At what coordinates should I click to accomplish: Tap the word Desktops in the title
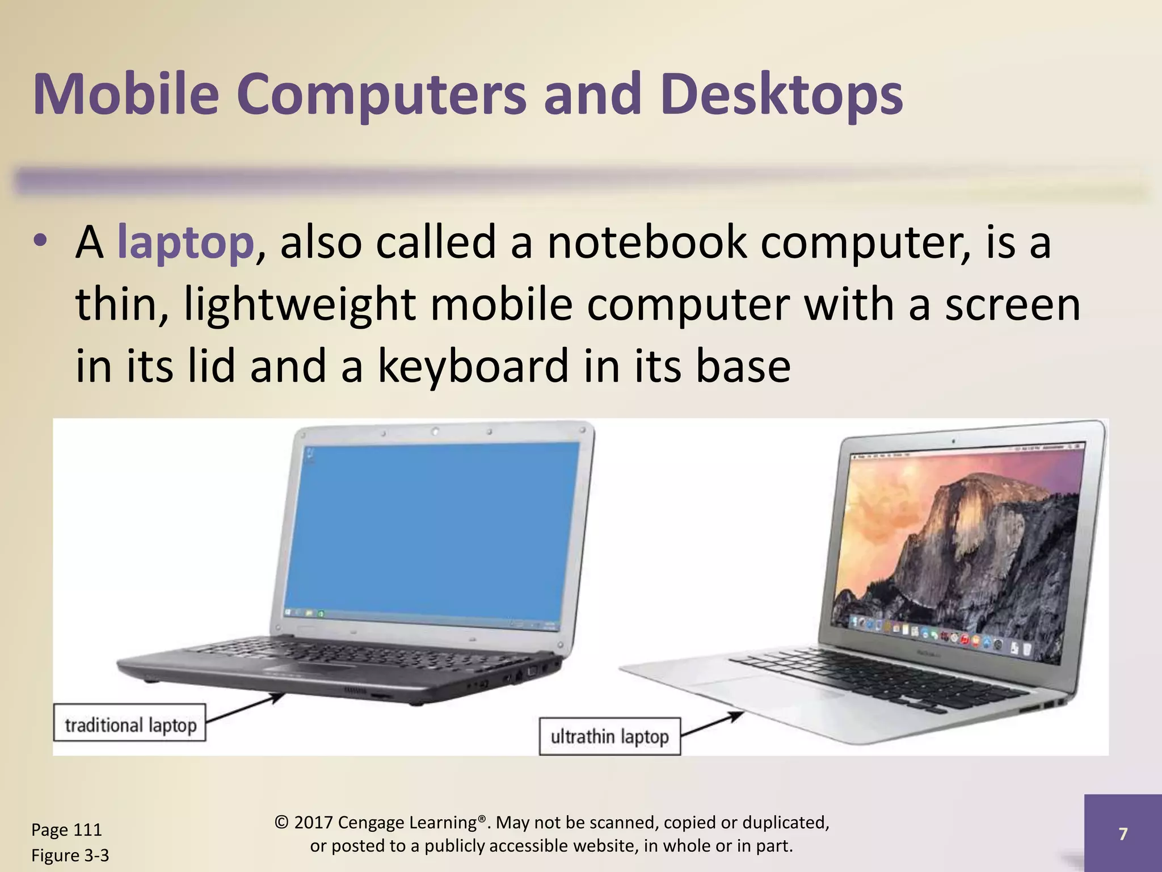[781, 95]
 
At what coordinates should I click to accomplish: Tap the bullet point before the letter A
[40, 242]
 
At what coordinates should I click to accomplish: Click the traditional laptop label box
[130, 723]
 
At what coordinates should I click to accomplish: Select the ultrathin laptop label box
[609, 737]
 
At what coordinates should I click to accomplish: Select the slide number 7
[1122, 833]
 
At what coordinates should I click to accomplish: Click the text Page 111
[66, 830]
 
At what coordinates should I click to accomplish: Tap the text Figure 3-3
[70, 856]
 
